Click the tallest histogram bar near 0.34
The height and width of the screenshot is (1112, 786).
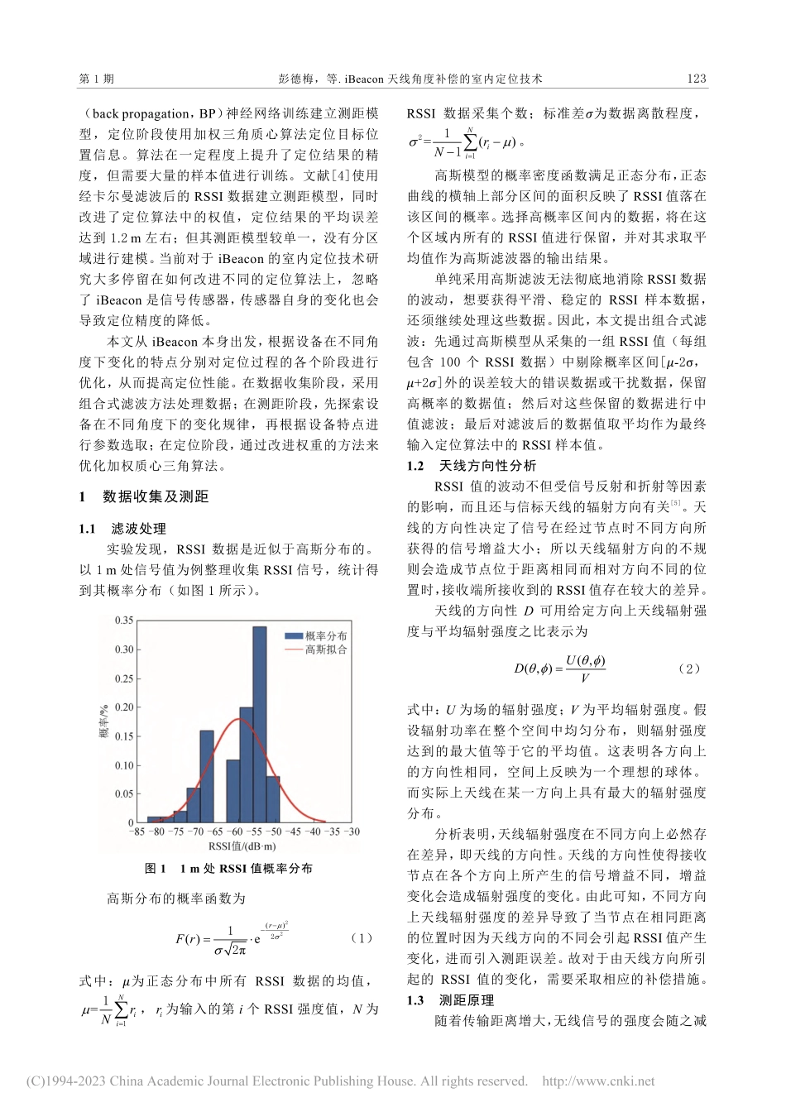[260, 728]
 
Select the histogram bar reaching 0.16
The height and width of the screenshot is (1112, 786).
[207, 778]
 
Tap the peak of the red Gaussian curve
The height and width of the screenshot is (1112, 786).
[240, 719]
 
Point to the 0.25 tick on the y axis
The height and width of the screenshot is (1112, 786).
[123, 678]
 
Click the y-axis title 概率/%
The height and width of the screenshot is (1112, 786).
[105, 721]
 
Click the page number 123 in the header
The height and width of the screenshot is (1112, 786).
[697, 79]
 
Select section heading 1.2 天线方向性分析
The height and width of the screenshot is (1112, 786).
[472, 466]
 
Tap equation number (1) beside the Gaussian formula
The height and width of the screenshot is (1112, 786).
[362, 938]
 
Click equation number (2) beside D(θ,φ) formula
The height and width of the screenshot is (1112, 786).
[688, 669]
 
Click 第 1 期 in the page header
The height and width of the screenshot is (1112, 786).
[97, 79]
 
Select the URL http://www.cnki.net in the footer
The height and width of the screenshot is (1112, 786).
[598, 1081]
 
